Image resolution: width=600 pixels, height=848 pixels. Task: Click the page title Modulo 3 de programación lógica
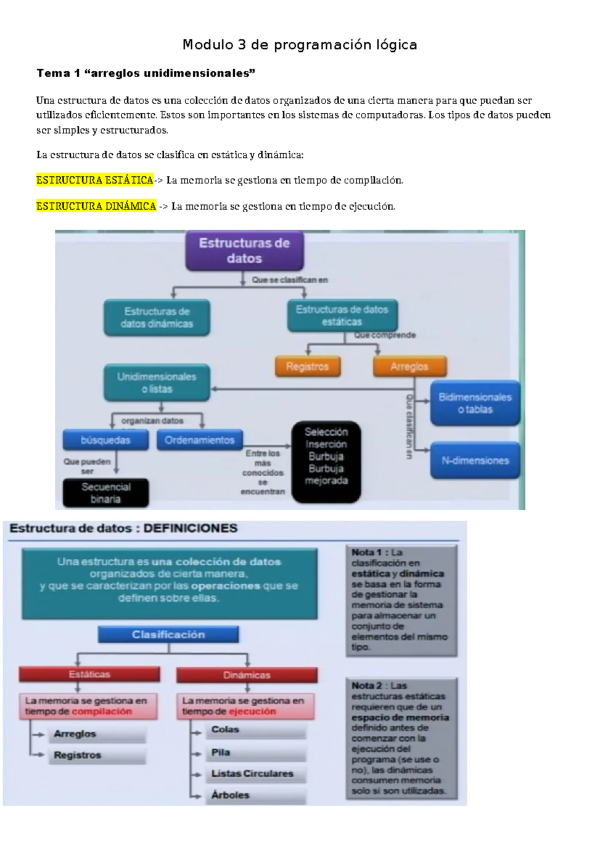tap(299, 45)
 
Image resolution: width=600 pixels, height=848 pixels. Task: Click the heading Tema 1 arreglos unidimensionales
tap(145, 73)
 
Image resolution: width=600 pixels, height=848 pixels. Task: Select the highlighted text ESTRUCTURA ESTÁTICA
tap(94, 180)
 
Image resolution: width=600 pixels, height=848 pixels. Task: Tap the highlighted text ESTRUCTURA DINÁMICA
tap(96, 206)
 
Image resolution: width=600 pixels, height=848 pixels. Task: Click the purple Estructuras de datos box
tap(244, 251)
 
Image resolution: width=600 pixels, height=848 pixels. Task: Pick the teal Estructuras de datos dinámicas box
tap(156, 317)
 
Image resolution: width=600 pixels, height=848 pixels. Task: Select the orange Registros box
tap(307, 366)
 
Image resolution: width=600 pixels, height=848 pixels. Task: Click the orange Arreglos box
tap(409, 366)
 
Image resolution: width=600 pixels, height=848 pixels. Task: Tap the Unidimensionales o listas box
tap(156, 383)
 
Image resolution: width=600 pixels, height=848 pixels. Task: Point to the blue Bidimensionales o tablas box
tap(475, 403)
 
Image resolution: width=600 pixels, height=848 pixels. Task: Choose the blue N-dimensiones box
tap(475, 460)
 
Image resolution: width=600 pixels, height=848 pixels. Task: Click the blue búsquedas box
tap(105, 440)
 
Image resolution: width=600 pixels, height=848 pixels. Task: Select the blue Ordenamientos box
tap(199, 440)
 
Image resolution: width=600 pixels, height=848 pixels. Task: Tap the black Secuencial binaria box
tap(105, 493)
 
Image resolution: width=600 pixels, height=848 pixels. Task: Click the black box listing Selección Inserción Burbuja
tap(326, 461)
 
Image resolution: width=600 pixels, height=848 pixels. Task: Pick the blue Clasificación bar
tap(168, 634)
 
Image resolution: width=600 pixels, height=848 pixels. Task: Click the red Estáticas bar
tap(89, 674)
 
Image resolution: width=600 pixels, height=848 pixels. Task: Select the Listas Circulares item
tap(252, 773)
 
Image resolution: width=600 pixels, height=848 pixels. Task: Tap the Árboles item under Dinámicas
tap(230, 795)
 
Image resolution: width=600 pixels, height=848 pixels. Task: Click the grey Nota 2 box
tap(401, 738)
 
